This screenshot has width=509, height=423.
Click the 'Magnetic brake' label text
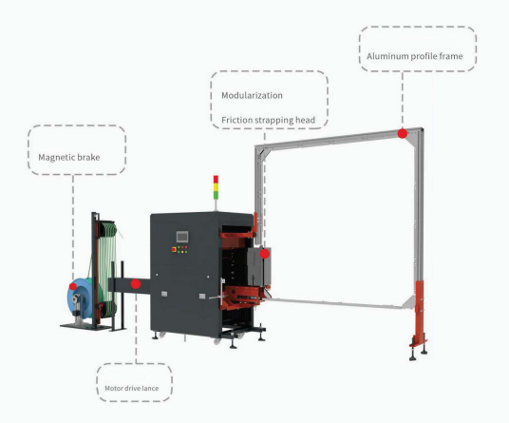pos(69,157)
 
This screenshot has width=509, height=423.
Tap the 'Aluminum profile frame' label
pos(415,56)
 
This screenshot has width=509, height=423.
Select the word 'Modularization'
pos(252,95)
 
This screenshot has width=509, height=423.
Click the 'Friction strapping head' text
pos(268,120)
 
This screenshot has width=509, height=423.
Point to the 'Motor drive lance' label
pos(131,388)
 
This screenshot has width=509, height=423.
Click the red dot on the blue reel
pos(73,286)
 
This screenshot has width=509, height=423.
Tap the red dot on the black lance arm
pos(136,284)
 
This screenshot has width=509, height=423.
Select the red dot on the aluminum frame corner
pos(403,133)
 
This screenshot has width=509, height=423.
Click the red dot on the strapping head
pos(265,254)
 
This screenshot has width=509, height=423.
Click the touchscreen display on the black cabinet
pos(182,237)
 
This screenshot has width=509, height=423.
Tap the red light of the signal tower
pos(216,180)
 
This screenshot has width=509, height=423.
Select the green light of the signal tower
pos(216,195)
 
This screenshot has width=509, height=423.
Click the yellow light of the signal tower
pos(216,187)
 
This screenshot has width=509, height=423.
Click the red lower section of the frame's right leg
pos(420,311)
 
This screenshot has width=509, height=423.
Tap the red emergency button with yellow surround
pos(174,249)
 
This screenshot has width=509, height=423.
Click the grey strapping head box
pos(259,267)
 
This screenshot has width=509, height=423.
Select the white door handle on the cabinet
pos(222,292)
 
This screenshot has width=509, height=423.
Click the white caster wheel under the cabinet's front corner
pos(217,341)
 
